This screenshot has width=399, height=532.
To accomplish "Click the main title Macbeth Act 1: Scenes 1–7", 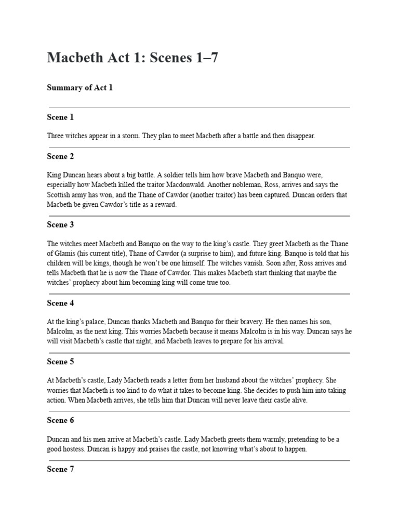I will click(x=132, y=58).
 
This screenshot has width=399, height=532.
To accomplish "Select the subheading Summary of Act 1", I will click(x=79, y=87).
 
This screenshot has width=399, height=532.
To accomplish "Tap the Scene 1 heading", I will click(x=60, y=117).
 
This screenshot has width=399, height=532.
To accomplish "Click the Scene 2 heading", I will click(x=60, y=156).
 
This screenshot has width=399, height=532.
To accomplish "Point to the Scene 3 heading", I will click(x=60, y=224).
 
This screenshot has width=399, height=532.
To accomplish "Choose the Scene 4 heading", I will click(x=60, y=303).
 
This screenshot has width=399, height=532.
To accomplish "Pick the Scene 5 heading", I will click(x=60, y=362).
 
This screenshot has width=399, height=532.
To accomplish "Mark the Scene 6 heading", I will click(x=60, y=420).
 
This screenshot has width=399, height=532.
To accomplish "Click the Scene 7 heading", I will click(x=60, y=469).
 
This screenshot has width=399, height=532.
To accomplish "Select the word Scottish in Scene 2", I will click(x=59, y=195).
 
